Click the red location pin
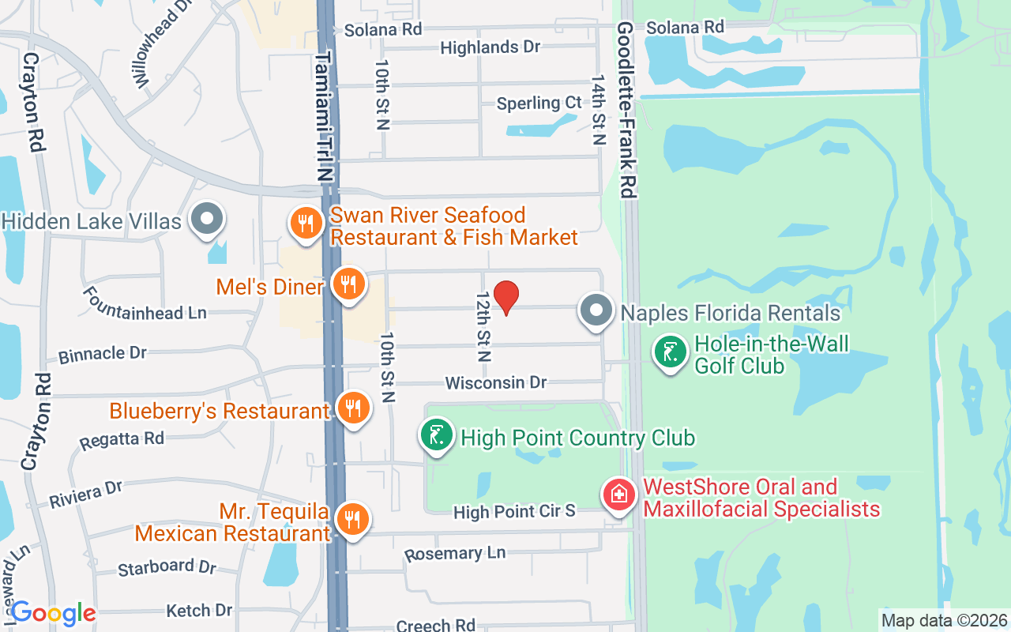tap(505, 297)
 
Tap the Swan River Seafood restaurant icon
tap(306, 223)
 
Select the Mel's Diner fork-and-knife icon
tap(348, 284)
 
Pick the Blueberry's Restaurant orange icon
tap(353, 408)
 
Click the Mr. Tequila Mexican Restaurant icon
tap(352, 519)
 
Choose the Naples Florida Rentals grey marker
tap(596, 310)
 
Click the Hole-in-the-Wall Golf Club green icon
tap(671, 352)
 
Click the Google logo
tap(53, 613)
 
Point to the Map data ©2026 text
tap(945, 620)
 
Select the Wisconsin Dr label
tap(496, 383)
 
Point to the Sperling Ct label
tap(539, 103)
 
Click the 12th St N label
tap(483, 325)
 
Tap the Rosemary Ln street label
tap(455, 554)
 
